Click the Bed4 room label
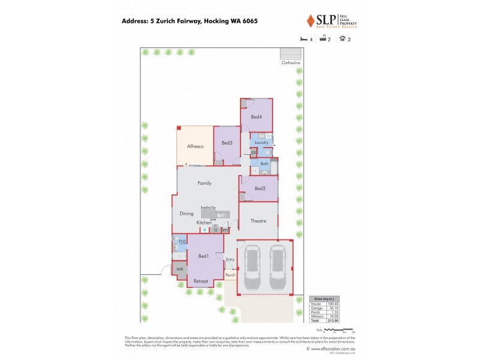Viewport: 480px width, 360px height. (256, 116)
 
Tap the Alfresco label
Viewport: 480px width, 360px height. (196, 146)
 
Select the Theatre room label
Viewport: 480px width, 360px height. (259, 221)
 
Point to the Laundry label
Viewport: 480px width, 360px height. (261, 142)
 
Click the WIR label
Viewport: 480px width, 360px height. (179, 269)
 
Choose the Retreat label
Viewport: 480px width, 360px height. (201, 281)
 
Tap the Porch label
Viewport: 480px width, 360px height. (230, 275)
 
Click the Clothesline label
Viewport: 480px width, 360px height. (291, 62)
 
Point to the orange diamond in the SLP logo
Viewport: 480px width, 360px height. (310, 22)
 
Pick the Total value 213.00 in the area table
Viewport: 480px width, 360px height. (333, 320)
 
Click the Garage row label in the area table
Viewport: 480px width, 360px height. (317, 308)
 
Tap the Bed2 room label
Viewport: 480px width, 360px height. (260, 189)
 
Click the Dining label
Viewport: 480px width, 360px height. (187, 212)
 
